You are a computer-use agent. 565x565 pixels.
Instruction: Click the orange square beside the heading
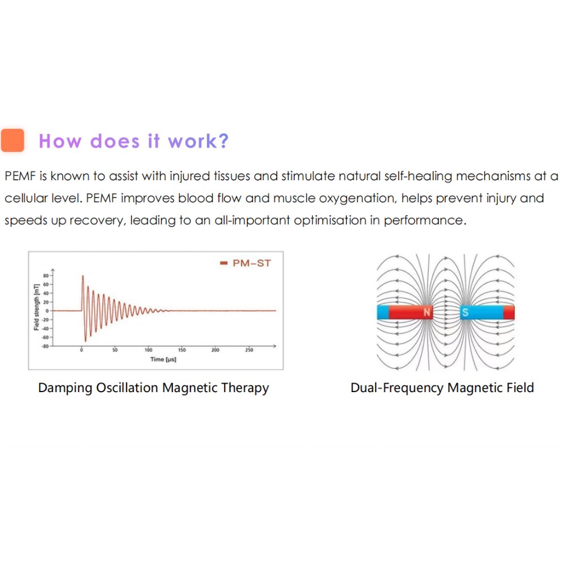12,140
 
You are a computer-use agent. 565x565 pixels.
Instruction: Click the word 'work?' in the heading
198,141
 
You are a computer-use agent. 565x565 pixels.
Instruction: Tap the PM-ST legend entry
245,263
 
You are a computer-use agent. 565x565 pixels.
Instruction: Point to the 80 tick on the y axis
46,276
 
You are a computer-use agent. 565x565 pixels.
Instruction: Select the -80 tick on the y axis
45,346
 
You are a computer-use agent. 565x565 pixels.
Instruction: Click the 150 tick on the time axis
182,350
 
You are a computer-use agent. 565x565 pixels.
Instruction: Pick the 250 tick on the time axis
249,350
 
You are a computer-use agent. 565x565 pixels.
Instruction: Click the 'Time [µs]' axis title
163,359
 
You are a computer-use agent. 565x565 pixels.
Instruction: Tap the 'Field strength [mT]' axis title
36,307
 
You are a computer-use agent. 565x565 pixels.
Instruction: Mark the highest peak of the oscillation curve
83,276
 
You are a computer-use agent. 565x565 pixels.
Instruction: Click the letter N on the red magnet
427,312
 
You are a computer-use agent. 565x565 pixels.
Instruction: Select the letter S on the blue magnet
465,312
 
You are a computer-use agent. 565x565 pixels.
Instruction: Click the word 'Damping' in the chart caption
65,388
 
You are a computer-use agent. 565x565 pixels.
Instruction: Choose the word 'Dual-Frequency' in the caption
397,388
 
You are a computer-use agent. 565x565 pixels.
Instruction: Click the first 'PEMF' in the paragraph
20,176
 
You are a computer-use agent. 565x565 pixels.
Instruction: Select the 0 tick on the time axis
81,350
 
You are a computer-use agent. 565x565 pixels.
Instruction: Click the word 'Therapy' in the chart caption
245,388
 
